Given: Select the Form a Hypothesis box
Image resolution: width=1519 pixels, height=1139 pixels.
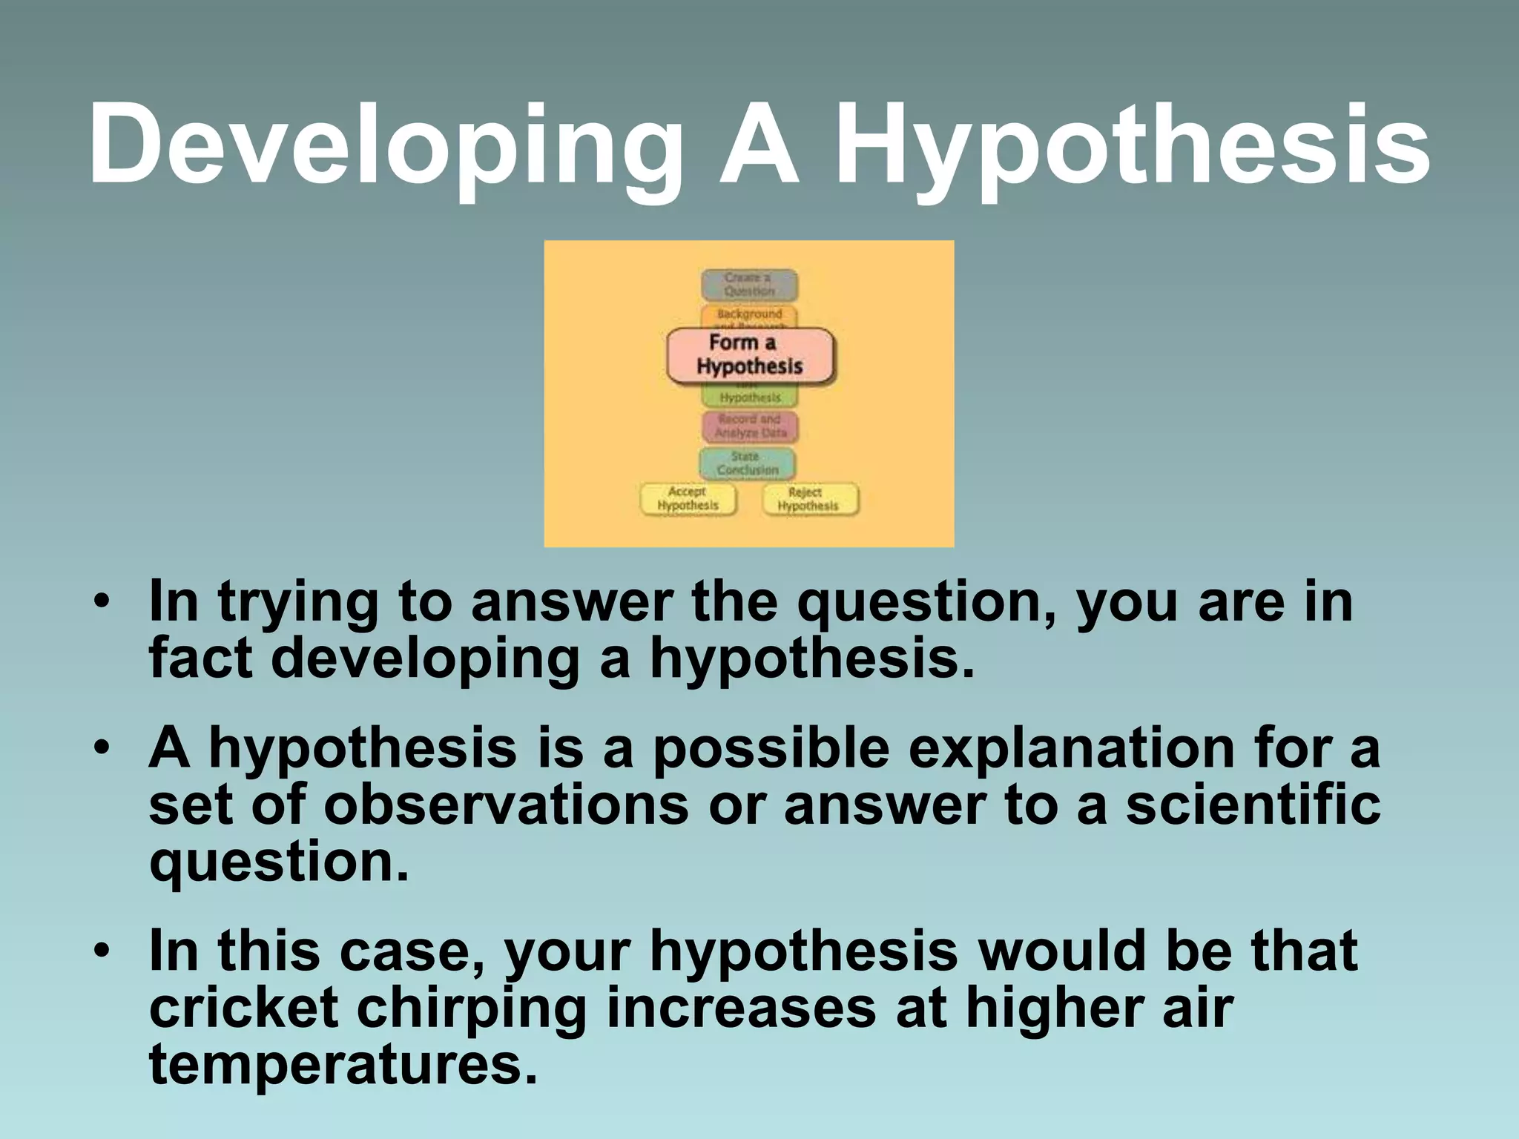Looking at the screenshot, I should pyautogui.click(x=750, y=355).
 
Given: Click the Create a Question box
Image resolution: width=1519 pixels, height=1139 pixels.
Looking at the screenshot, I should pyautogui.click(x=749, y=285).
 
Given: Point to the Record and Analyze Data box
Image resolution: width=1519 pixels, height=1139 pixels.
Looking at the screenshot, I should pyautogui.click(x=750, y=426).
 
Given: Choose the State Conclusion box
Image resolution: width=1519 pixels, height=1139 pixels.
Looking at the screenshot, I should pyautogui.click(x=748, y=463).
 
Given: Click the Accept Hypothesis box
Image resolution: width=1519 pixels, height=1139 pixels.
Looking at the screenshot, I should pyautogui.click(x=688, y=498).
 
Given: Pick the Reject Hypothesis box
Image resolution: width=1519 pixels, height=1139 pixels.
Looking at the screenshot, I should pyautogui.click(x=810, y=499).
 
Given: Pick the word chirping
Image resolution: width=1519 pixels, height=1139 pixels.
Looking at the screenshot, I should pyautogui.click(x=472, y=1008).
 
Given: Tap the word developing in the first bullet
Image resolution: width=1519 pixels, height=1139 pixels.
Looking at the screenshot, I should pyautogui.click(x=425, y=659).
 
